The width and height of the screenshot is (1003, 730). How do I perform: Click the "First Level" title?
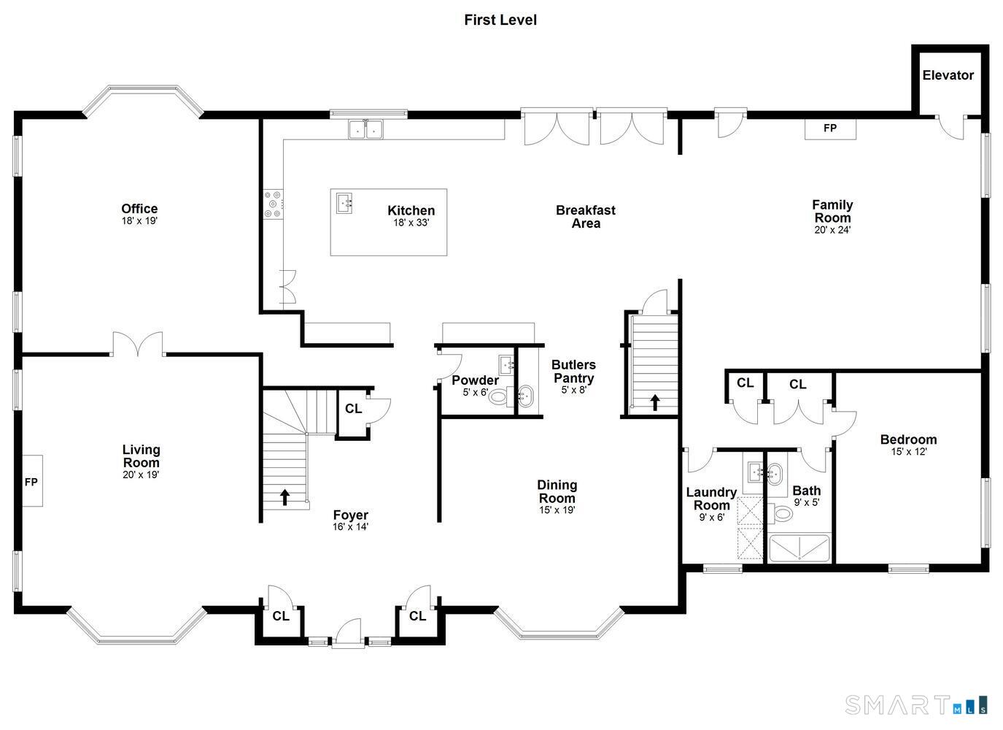tap(500, 20)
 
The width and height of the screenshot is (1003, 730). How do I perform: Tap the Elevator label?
tap(948, 75)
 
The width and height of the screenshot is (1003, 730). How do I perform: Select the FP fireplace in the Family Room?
tap(830, 128)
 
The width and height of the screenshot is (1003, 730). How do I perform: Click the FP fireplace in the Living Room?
tap(32, 481)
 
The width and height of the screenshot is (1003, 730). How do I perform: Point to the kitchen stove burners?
tap(273, 204)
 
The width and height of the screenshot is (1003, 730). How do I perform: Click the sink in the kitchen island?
tap(344, 204)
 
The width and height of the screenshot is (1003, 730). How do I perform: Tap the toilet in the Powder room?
tap(498, 396)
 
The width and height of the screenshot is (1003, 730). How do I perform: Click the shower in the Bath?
tap(799, 547)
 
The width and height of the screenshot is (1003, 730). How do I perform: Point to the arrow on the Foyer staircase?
tap(284, 497)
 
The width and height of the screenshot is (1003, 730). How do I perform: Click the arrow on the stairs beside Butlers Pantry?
tap(655, 402)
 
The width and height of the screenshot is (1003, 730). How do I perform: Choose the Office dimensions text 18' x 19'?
tap(139, 221)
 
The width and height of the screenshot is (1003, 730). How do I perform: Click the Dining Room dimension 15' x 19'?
tap(557, 510)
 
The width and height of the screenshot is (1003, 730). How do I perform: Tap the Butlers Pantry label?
tap(573, 372)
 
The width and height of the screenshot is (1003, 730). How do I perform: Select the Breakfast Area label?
tap(586, 217)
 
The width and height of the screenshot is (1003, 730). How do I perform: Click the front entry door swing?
tap(349, 633)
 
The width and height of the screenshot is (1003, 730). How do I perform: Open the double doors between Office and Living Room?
tap(137, 344)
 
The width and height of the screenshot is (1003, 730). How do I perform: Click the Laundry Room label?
tap(711, 499)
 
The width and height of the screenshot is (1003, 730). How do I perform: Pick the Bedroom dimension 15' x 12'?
tap(908, 452)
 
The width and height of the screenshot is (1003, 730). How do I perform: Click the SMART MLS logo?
tap(915, 705)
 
